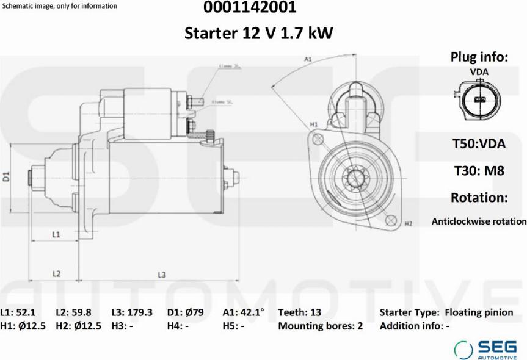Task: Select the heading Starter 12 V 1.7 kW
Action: pyautogui.click(x=259, y=33)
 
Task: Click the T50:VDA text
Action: pyautogui.click(x=479, y=144)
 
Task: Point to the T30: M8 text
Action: pyautogui.click(x=479, y=171)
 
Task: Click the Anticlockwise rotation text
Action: pyautogui.click(x=479, y=221)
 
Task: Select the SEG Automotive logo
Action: pyautogui.click(x=485, y=349)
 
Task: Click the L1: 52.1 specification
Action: pyautogui.click(x=18, y=312)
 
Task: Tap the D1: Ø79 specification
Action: pyautogui.click(x=185, y=312)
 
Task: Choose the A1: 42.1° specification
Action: pyautogui.click(x=243, y=312)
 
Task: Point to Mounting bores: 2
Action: pyautogui.click(x=320, y=326)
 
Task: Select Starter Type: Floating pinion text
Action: pyautogui.click(x=446, y=312)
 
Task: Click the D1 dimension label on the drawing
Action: pyautogui.click(x=7, y=177)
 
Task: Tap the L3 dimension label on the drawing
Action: pyautogui.click(x=162, y=275)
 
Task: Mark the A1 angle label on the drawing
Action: pyautogui.click(x=308, y=59)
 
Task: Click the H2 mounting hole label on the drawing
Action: pyautogui.click(x=408, y=224)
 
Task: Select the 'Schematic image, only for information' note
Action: pyautogui.click(x=60, y=6)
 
